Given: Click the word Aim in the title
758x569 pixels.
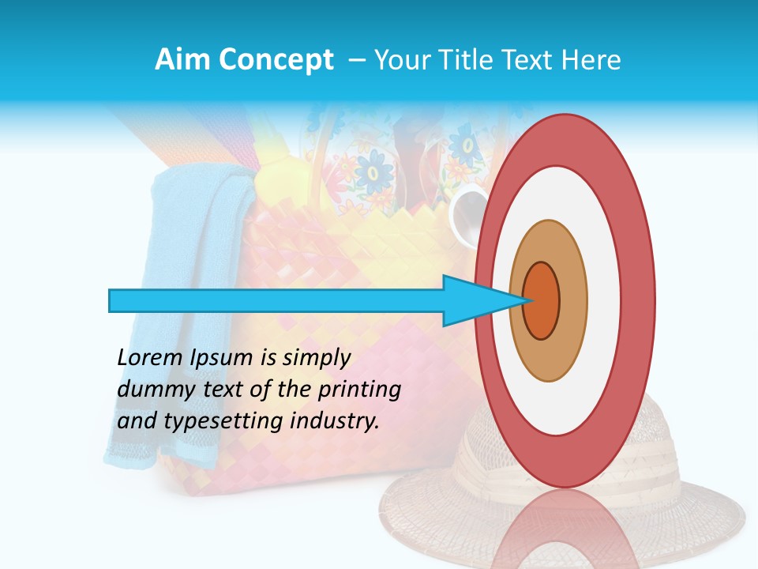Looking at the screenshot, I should click(182, 60).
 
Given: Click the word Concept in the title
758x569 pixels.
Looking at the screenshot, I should click(276, 61).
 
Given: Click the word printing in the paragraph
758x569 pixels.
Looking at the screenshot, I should click(358, 390).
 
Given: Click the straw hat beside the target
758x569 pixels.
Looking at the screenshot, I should click(695, 506).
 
